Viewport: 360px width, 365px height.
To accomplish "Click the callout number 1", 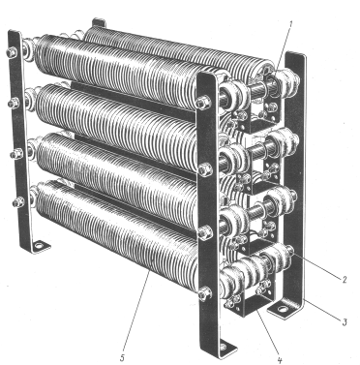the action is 290,24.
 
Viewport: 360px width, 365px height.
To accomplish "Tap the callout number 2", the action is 344,280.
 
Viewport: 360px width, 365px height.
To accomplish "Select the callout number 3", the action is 345,321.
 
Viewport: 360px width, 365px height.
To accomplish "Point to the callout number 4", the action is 280,358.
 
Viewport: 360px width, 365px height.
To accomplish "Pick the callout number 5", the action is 122,358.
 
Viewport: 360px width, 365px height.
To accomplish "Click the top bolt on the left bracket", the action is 12,52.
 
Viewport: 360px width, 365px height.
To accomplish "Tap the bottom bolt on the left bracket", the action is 18,202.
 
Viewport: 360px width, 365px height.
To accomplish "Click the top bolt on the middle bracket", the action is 204,103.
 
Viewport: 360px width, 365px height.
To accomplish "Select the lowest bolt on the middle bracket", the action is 205,293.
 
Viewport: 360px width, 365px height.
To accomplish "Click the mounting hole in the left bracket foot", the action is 39,246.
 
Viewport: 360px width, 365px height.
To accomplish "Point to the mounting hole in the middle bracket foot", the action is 224,348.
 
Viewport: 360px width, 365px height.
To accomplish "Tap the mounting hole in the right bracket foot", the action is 283,309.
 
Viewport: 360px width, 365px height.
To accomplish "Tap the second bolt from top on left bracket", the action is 14,104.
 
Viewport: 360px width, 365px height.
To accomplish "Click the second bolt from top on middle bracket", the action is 205,169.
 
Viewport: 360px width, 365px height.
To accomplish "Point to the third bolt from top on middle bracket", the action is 205,232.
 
